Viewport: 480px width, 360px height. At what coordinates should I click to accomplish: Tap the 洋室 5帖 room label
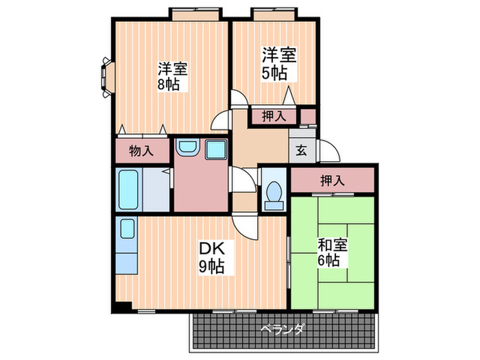(x=278, y=64)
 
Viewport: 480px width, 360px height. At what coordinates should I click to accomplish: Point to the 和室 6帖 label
(x=332, y=252)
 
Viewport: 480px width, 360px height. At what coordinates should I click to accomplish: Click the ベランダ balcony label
(x=282, y=330)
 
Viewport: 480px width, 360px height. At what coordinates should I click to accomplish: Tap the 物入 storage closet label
(x=141, y=151)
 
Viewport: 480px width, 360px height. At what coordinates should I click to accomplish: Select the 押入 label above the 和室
(x=332, y=180)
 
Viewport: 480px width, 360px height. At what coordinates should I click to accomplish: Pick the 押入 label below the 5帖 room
(x=274, y=116)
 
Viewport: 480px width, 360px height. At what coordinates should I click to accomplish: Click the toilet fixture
(x=274, y=193)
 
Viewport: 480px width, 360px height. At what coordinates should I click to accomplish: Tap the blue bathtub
(x=129, y=190)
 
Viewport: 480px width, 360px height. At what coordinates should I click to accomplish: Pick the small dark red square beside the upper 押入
(x=309, y=116)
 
